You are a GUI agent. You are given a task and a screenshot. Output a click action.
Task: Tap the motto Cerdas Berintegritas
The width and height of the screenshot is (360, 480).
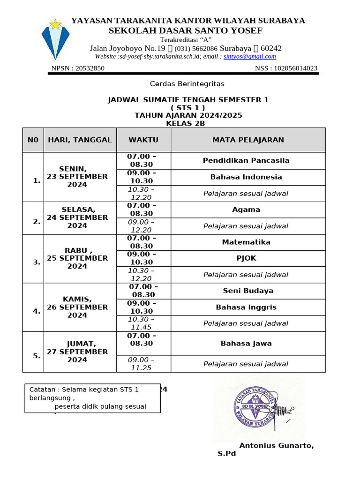tap(187, 84)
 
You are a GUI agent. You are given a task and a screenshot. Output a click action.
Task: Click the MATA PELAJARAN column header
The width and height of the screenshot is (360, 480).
tap(248, 140)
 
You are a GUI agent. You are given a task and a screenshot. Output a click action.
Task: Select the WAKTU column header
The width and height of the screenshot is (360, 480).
tap(143, 140)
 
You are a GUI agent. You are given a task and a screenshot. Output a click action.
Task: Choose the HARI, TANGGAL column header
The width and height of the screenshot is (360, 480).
tap(80, 140)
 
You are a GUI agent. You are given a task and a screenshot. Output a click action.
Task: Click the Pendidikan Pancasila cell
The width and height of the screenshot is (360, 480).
tap(246, 160)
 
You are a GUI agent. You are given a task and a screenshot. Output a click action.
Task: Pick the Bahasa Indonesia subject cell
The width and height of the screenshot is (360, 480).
tap(246, 177)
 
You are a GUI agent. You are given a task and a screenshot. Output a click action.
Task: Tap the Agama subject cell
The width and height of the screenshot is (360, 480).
tap(246, 210)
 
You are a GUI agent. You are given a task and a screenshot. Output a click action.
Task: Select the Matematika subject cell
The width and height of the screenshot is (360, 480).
tap(246, 242)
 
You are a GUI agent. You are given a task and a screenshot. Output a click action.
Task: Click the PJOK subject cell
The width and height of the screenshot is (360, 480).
tap(246, 258)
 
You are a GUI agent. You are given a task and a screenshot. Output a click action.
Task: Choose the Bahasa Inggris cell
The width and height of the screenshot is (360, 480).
tap(246, 307)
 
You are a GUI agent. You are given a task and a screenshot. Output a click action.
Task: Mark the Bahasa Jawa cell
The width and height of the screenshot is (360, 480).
tap(246, 344)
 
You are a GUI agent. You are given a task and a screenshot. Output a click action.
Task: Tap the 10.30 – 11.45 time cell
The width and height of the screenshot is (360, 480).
tap(142, 323)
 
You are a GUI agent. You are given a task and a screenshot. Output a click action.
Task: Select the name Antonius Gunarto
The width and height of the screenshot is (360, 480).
tap(277, 445)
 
